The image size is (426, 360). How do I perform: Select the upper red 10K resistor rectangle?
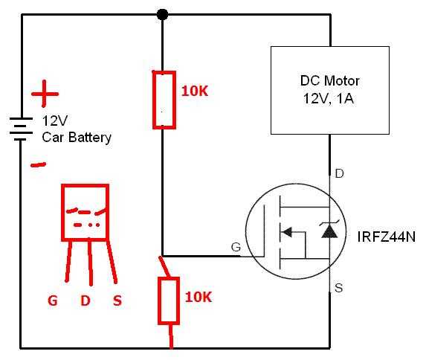pyautogui.click(x=164, y=100)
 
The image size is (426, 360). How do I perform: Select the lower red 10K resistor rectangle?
pyautogui.click(x=168, y=301)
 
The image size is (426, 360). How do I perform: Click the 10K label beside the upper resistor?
pyautogui.click(x=196, y=91)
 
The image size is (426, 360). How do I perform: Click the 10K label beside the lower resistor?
pyautogui.click(x=198, y=297)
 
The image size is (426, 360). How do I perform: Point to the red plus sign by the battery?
pyautogui.click(x=44, y=95)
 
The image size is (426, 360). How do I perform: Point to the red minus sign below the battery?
pyautogui.click(x=38, y=164)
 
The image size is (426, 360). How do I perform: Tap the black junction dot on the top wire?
pyautogui.click(x=162, y=14)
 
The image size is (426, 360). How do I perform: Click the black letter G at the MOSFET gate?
pyautogui.click(x=236, y=248)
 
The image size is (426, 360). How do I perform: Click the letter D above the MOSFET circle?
pyautogui.click(x=340, y=174)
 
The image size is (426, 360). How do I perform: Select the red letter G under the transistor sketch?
pyautogui.click(x=52, y=300)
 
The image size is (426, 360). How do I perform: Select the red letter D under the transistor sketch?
pyautogui.click(x=85, y=300)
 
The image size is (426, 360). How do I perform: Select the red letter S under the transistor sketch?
pyautogui.click(x=117, y=300)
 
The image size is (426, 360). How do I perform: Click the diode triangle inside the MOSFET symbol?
pyautogui.click(x=329, y=233)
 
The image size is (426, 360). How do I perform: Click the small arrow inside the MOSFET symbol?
pyautogui.click(x=286, y=233)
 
